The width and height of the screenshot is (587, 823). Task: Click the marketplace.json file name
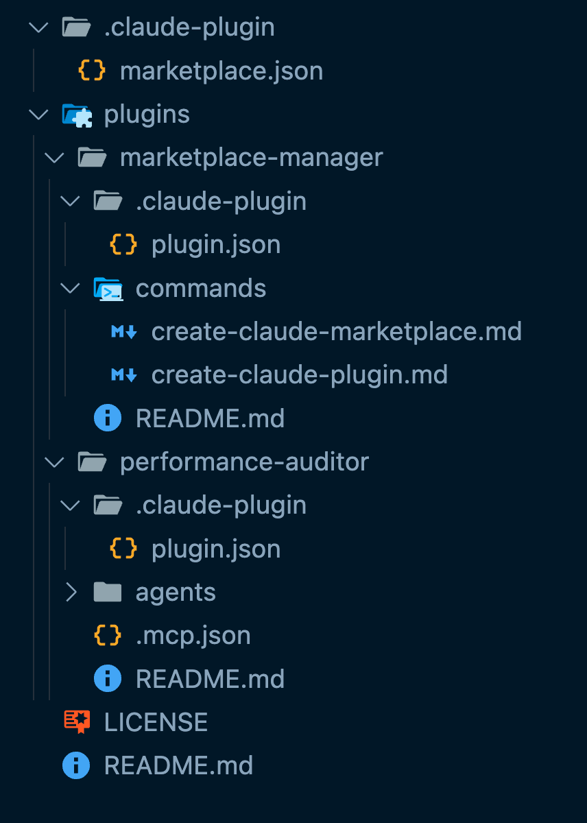click(221, 71)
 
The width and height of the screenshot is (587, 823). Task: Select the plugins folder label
click(147, 115)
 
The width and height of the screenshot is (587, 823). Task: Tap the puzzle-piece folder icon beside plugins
click(77, 115)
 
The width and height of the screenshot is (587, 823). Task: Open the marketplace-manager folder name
click(251, 158)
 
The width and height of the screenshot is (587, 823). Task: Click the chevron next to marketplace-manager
click(54, 158)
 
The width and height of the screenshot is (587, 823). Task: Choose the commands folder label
click(201, 288)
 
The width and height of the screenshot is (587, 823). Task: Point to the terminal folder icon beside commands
click(108, 289)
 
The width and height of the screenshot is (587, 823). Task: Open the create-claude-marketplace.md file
click(336, 332)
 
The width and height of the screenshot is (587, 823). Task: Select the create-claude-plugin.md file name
click(299, 375)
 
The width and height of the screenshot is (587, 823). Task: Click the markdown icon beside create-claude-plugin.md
click(123, 375)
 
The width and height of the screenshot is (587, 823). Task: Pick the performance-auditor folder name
click(244, 462)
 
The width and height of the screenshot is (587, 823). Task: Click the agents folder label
click(176, 592)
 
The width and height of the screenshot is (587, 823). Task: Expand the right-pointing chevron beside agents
click(71, 592)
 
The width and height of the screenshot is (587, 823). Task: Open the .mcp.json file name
click(193, 636)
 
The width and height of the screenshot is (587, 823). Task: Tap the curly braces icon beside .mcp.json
click(108, 636)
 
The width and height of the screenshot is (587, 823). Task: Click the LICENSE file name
click(156, 722)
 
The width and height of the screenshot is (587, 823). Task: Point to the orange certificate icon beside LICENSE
click(77, 722)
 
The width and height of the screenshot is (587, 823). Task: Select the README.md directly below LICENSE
click(178, 765)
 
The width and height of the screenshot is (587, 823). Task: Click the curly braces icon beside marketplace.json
click(93, 71)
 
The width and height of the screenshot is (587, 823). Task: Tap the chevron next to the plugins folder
click(39, 115)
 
